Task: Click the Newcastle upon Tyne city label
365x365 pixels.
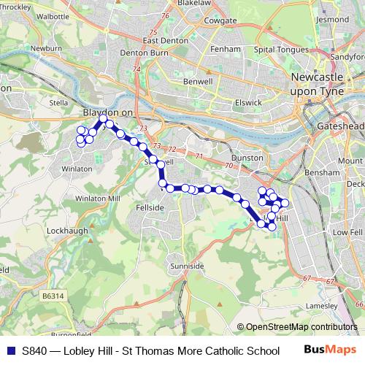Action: pos(322,82)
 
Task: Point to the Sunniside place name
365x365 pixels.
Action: pos(187,267)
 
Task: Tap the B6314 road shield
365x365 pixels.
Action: pos(52,295)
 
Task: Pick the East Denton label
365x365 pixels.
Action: pos(161,41)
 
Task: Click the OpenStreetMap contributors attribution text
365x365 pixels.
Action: pos(301,327)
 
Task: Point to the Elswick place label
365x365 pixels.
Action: pos(249,102)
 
